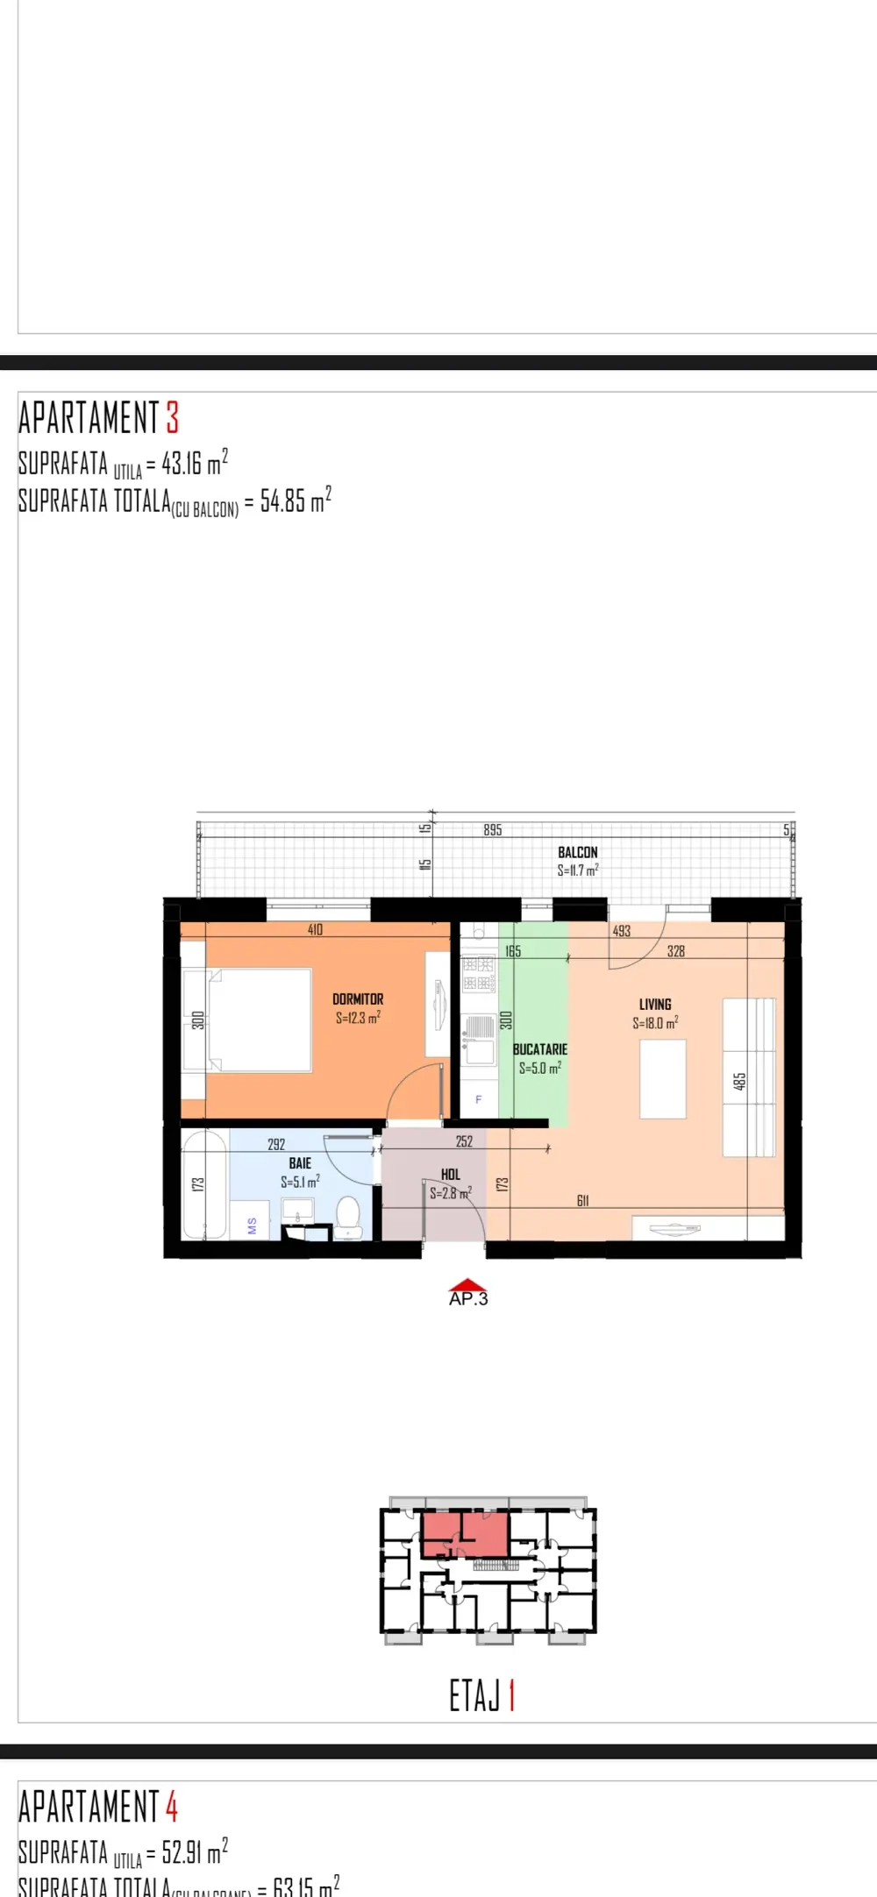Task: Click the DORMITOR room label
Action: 358,999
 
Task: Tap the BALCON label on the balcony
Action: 577,852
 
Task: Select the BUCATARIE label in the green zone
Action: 539,1049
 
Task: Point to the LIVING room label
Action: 655,1005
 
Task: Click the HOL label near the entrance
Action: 451,1175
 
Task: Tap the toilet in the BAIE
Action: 348,1218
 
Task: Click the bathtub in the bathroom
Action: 204,1184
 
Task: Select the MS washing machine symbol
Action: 251,1226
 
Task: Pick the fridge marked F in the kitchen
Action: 478,1099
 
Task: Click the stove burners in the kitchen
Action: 479,974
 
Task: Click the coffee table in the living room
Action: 662,1078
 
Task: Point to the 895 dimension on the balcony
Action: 493,830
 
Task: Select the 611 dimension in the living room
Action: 582,1201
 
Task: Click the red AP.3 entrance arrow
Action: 467,1286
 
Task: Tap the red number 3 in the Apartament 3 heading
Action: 173,418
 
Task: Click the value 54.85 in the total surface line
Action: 282,501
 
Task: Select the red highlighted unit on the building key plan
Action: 465,1534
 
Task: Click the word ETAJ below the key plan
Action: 474,1696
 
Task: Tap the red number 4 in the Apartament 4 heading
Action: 172,1808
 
